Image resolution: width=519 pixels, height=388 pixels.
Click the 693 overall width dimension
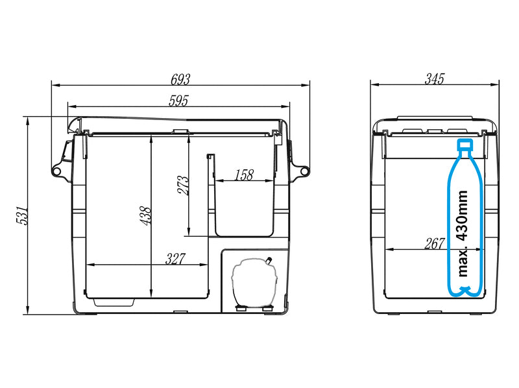click(x=180, y=79)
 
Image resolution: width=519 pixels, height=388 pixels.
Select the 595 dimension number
click(x=178, y=101)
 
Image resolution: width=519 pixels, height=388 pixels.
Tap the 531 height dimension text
click(x=23, y=215)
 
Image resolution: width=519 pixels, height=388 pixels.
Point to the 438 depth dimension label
click(x=145, y=216)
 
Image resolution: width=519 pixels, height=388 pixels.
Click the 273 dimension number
click(x=183, y=186)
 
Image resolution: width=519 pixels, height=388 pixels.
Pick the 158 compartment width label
click(x=244, y=175)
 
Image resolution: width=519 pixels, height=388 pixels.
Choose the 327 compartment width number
click(x=175, y=259)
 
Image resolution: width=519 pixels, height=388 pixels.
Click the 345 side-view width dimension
click(x=434, y=79)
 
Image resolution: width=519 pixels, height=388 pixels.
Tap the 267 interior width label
click(x=434, y=244)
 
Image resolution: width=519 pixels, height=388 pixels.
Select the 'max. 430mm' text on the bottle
click(x=463, y=234)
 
